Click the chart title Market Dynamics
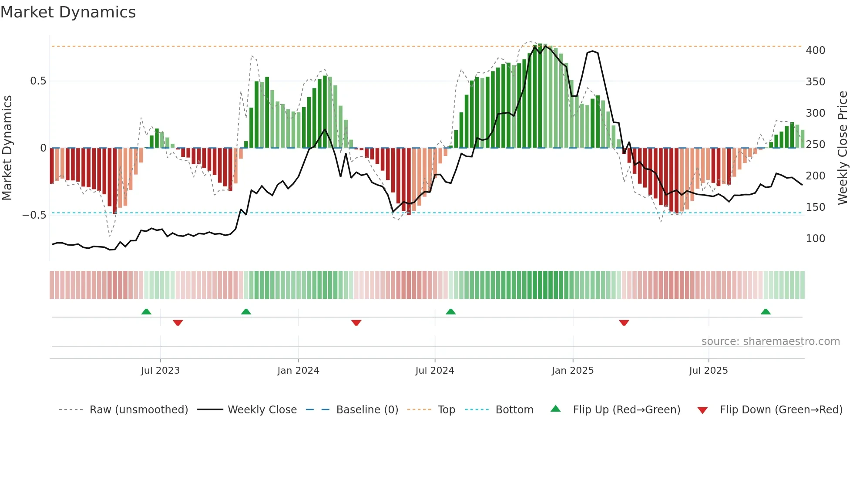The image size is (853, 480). click(x=68, y=12)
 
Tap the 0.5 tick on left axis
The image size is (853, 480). click(x=38, y=81)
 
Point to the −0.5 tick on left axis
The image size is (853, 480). click(x=34, y=215)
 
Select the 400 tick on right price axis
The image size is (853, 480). click(x=815, y=51)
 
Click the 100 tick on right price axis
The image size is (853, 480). click(x=815, y=239)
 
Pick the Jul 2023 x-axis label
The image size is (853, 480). click(x=160, y=371)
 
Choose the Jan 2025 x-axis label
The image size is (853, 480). click(x=572, y=371)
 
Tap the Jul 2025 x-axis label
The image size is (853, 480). click(x=708, y=371)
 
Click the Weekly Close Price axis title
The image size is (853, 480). click(x=843, y=148)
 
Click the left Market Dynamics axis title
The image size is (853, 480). click(x=7, y=148)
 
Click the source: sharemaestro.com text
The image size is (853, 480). click(x=770, y=341)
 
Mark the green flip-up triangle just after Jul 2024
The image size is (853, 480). click(x=450, y=312)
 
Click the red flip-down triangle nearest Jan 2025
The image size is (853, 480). click(x=624, y=323)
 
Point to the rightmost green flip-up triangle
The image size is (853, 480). click(x=766, y=312)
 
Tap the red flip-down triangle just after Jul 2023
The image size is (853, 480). click(x=178, y=323)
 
